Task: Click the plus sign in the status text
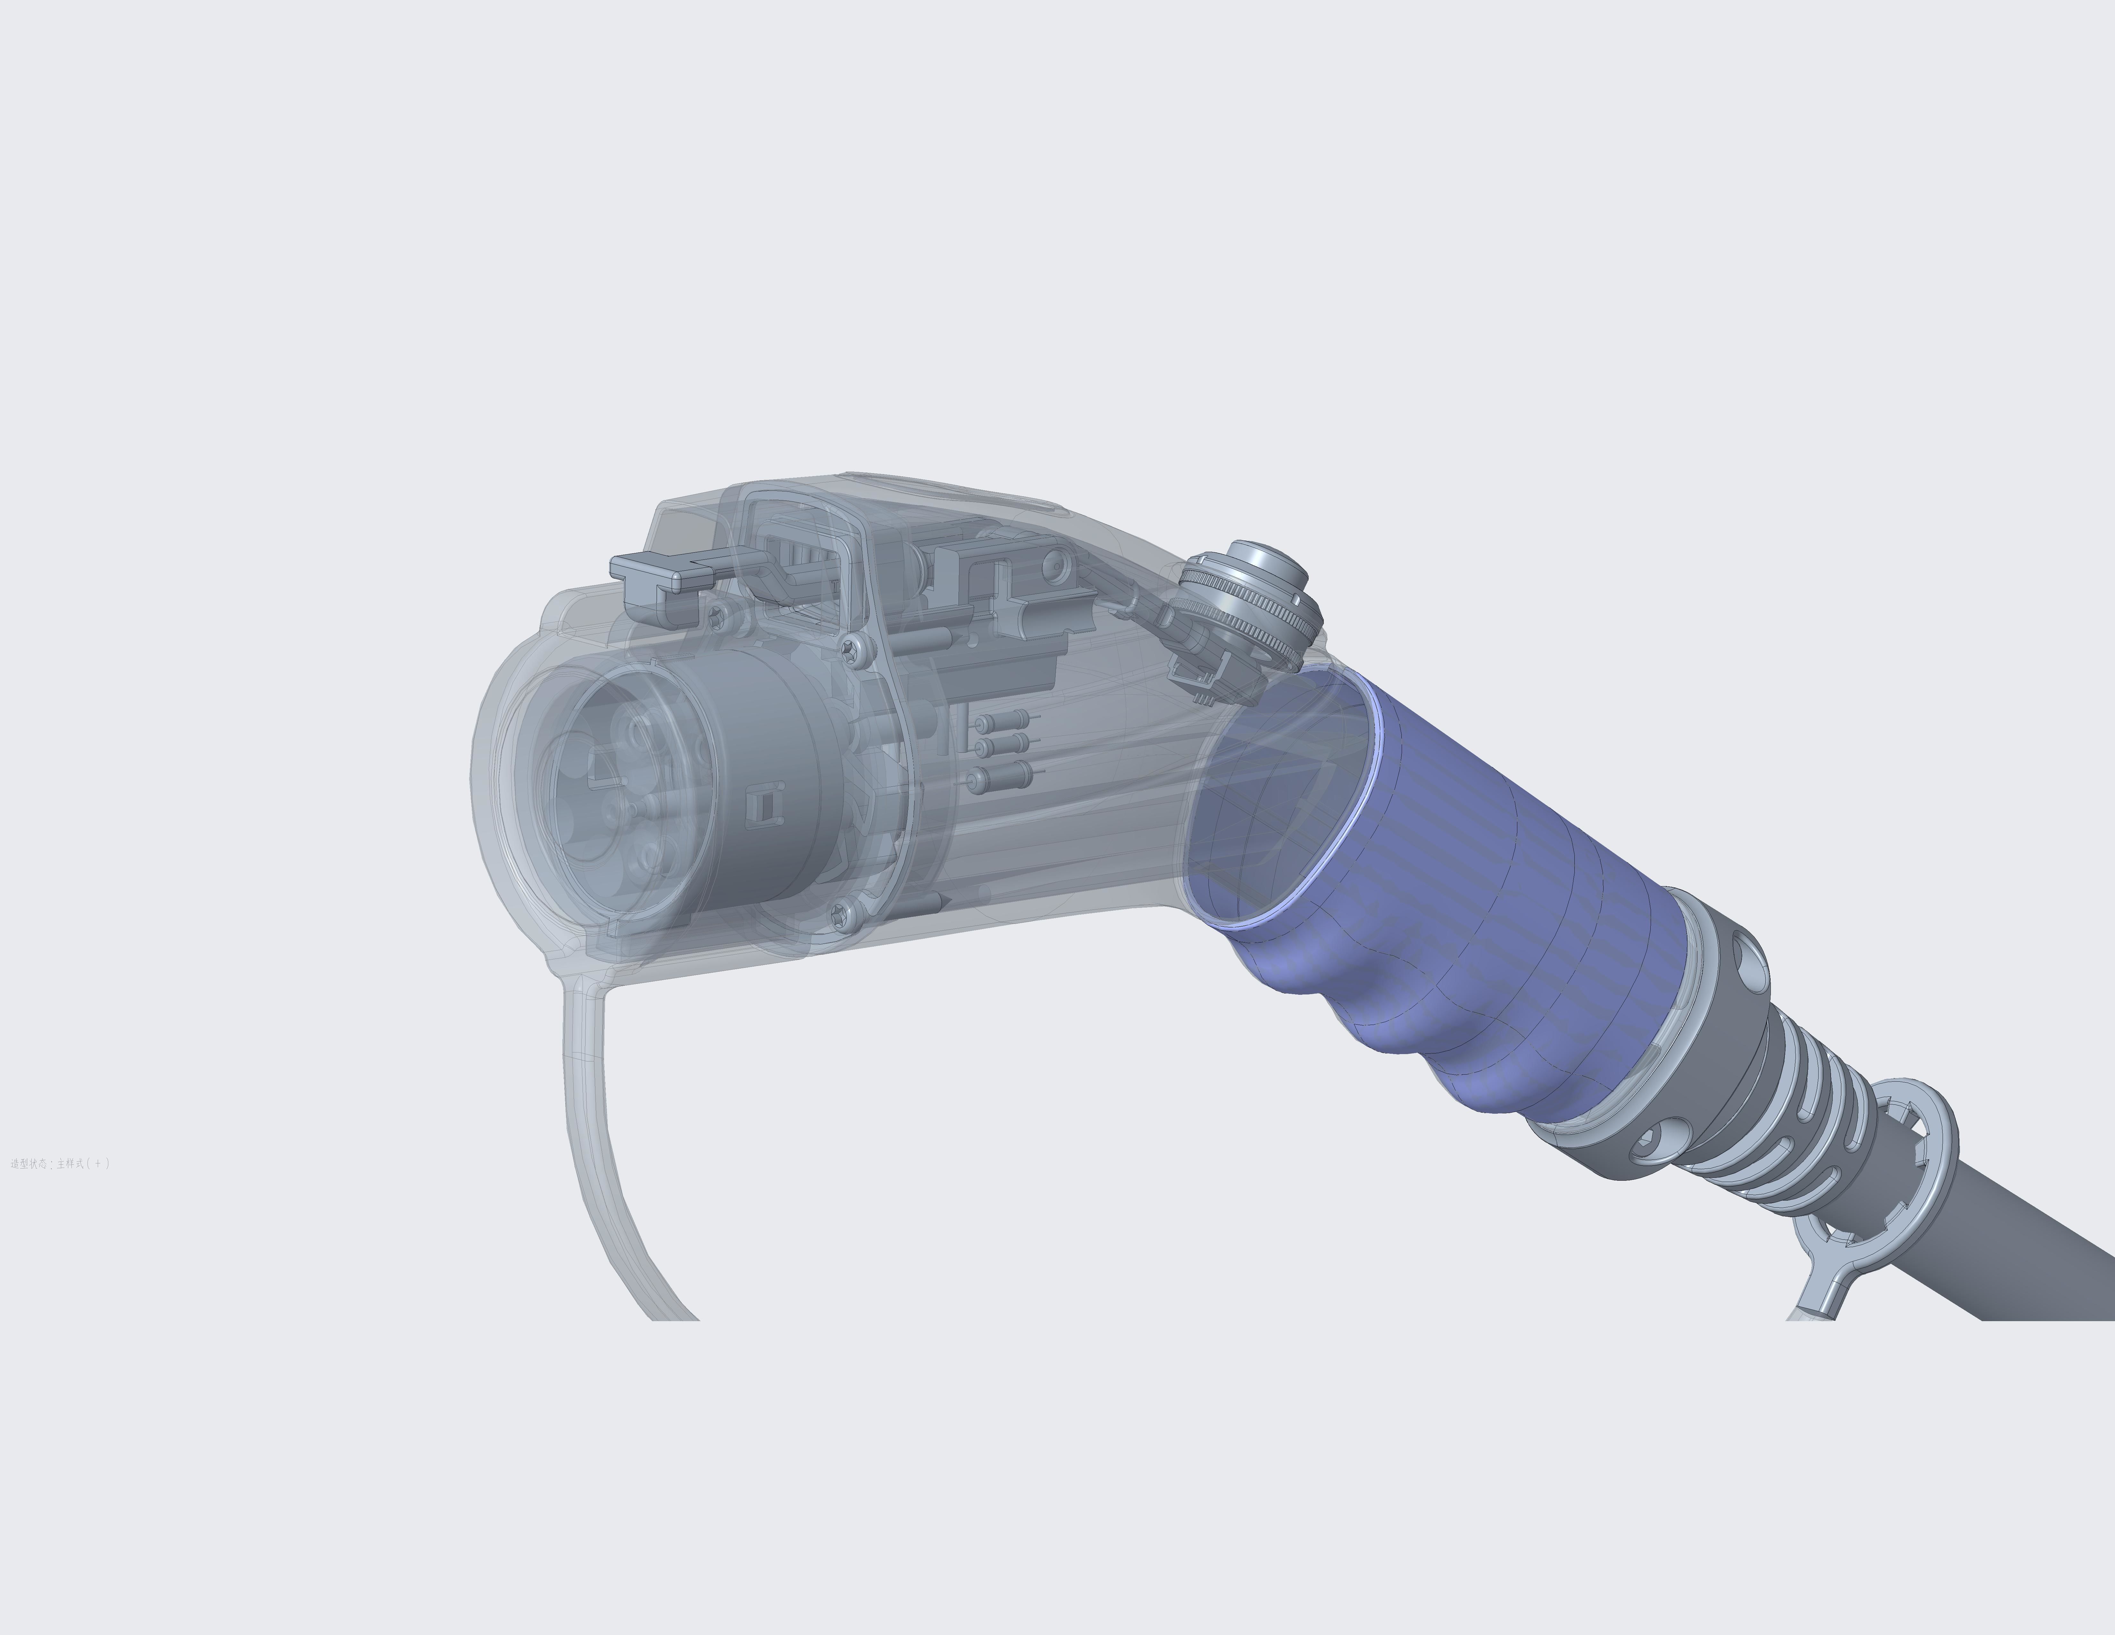click(x=97, y=1163)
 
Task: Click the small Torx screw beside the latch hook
click(x=717, y=616)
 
